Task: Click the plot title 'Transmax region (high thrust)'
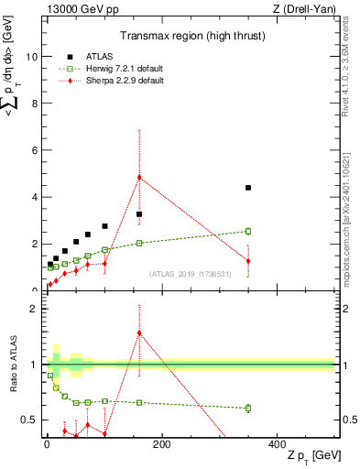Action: [x=188, y=38]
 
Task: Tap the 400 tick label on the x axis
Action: [x=276, y=443]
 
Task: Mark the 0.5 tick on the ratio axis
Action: [x=30, y=420]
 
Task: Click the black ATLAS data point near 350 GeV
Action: [x=248, y=188]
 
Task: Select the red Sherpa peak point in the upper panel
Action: [x=139, y=177]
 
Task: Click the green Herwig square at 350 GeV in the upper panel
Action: [x=248, y=231]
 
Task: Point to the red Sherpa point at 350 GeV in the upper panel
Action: [x=248, y=261]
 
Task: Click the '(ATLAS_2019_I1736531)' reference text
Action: [x=189, y=274]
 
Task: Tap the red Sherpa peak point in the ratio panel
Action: [x=139, y=333]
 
